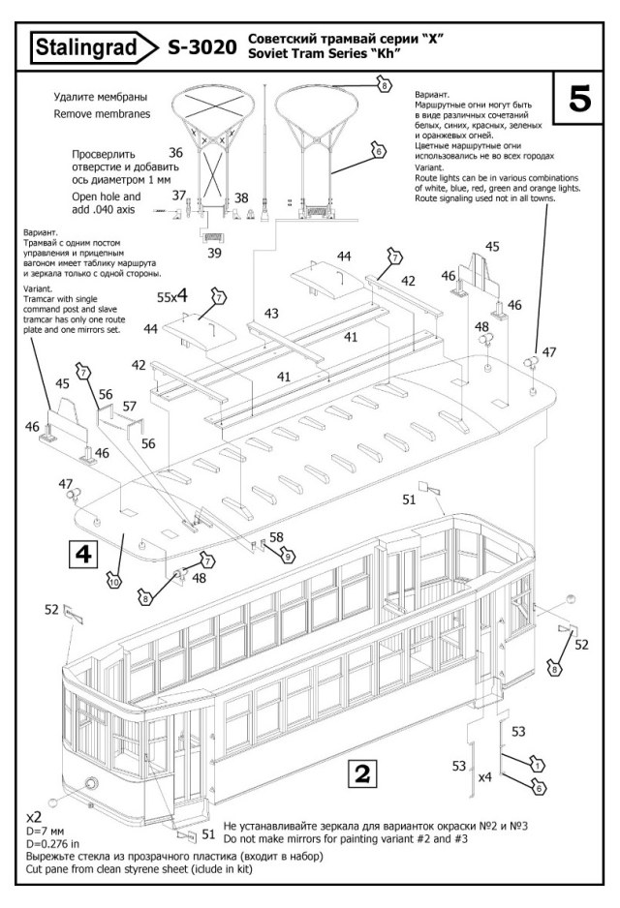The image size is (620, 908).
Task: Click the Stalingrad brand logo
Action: point(93,46)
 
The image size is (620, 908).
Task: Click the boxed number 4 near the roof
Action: point(83,554)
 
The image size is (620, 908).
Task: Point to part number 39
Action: point(214,254)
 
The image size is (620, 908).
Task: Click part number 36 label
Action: point(175,153)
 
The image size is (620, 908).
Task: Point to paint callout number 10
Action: point(113,581)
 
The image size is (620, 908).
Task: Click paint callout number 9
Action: point(288,556)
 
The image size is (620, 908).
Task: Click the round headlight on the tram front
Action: point(89,783)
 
